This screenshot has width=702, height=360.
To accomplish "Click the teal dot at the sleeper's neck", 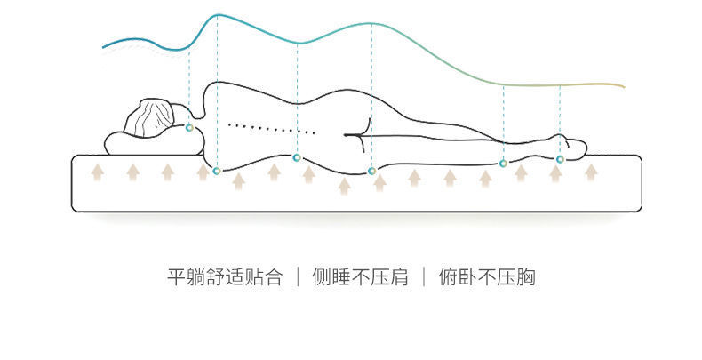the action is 188,128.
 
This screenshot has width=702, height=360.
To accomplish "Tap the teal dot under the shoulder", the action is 217,165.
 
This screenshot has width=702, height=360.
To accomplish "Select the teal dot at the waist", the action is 297,158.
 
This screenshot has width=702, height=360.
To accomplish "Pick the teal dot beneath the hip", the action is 371,170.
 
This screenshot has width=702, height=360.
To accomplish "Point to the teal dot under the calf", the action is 503,164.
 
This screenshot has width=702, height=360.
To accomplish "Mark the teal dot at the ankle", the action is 560,159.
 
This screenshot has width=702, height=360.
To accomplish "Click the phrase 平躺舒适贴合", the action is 225,277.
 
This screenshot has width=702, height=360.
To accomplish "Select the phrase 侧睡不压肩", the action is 360,277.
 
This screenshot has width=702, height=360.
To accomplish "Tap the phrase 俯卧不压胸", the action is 487,277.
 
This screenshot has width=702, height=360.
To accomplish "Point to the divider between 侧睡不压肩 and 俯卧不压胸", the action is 424,277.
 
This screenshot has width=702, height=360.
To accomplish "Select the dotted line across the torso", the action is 271,128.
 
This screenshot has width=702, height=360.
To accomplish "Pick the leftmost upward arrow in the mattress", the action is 97,170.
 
